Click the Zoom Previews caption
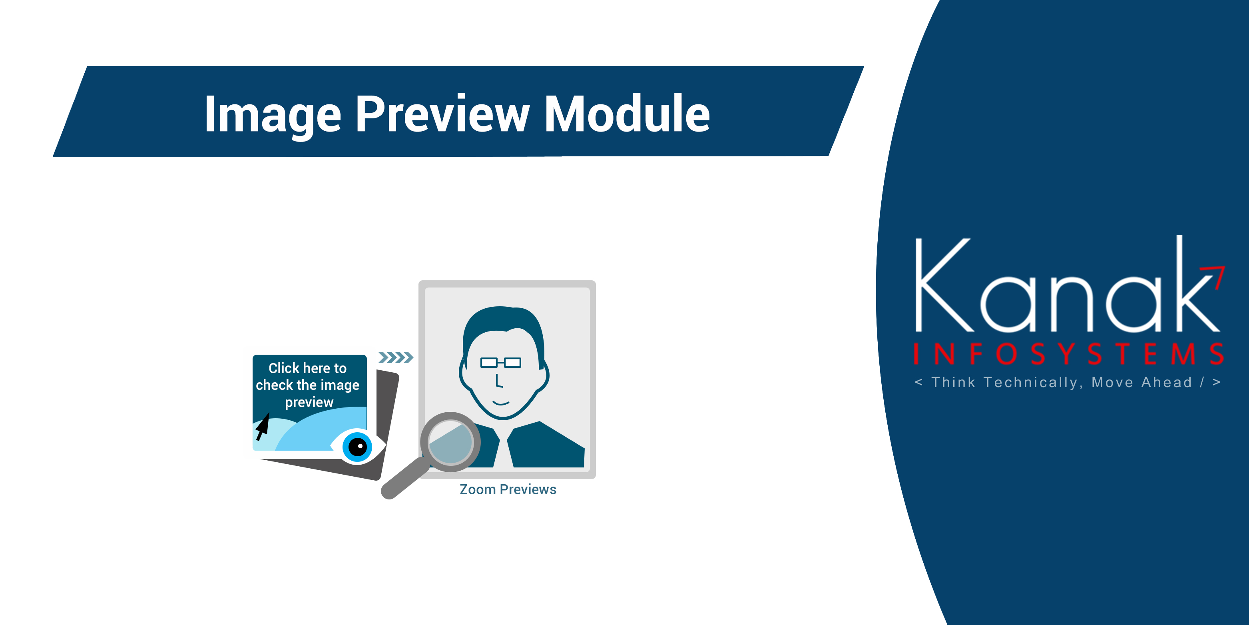click(508, 489)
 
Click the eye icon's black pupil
click(358, 446)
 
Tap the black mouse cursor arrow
click(263, 426)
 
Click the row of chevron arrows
click(396, 357)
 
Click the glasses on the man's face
click(501, 362)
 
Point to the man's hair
click(503, 330)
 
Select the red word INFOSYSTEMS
click(1069, 354)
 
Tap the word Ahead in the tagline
click(1167, 382)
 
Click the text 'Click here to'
click(307, 368)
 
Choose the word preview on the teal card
click(309, 403)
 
